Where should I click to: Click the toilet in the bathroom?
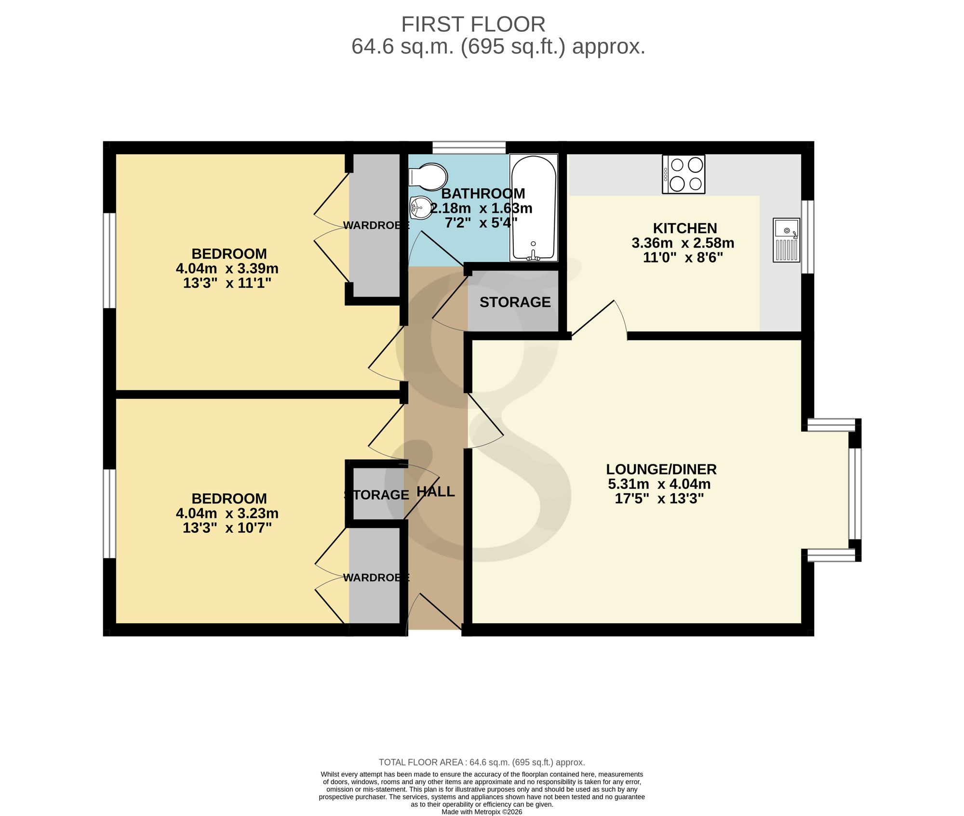[x=428, y=177]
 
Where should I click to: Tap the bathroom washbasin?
[x=421, y=208]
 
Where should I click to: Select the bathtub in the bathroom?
[x=534, y=208]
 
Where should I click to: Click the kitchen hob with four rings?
[x=683, y=174]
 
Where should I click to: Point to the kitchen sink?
[x=786, y=240]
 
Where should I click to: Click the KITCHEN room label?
[x=685, y=228]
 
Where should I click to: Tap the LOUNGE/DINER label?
[x=661, y=469]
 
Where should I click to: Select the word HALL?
[x=436, y=491]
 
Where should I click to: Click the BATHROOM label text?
[x=483, y=194]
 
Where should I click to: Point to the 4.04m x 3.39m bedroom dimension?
[x=227, y=268]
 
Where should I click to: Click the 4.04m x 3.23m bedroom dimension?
[x=227, y=513]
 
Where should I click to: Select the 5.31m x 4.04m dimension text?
[x=659, y=484]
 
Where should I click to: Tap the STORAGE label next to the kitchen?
[x=515, y=302]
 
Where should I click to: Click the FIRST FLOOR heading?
[x=473, y=24]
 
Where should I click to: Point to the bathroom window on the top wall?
[x=469, y=147]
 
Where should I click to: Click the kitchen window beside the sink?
[x=808, y=237]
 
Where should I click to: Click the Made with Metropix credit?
[x=482, y=812]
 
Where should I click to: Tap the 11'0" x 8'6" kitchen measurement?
[x=683, y=258]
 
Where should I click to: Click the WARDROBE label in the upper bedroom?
[x=376, y=225]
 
